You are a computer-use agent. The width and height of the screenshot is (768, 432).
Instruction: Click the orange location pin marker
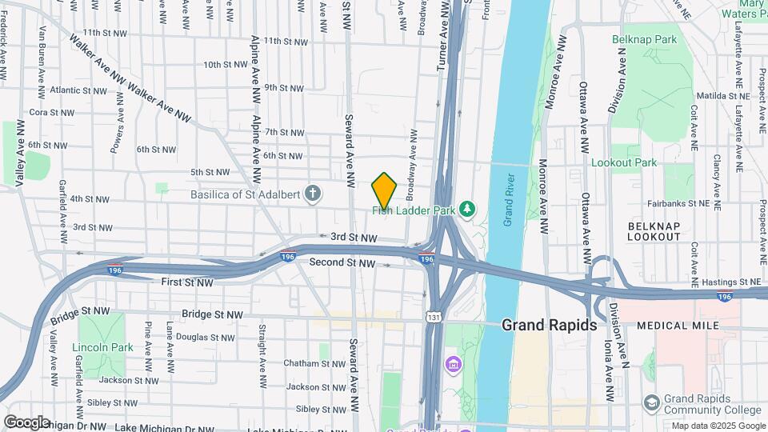pos(384,190)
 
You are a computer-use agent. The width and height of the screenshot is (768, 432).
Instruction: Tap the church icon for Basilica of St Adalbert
pos(314,194)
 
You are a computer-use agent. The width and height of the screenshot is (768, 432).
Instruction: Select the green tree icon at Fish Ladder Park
pos(466,210)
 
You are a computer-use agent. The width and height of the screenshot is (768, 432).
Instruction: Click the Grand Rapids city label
pos(549,326)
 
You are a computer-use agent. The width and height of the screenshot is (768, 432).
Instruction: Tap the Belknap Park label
pos(644,39)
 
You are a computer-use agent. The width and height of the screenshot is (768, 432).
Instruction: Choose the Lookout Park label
pos(623,162)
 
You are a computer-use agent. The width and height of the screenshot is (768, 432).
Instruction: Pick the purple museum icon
pos(453,366)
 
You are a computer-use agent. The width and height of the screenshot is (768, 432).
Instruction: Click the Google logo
pos(26,422)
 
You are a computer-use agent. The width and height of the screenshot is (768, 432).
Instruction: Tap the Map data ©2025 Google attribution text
pos(718,425)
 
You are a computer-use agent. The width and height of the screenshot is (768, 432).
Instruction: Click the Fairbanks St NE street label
pos(680,203)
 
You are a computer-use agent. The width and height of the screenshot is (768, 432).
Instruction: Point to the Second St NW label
pos(342,262)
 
